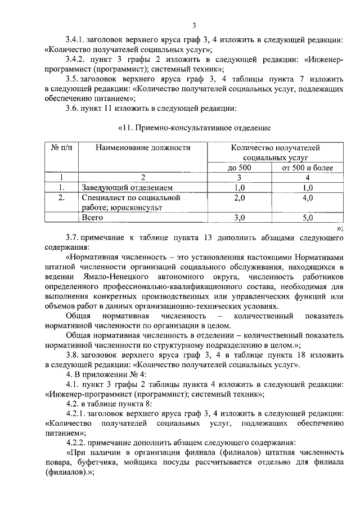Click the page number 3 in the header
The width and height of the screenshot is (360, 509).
(x=193, y=25)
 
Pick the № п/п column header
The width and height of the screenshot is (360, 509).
(x=62, y=148)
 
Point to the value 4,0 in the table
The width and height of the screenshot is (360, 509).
(x=307, y=198)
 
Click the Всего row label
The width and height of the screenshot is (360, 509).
(x=92, y=217)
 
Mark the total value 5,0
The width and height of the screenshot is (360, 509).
(x=307, y=217)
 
